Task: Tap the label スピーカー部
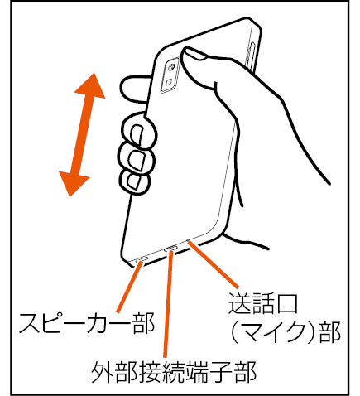click(87, 323)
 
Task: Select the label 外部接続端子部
click(174, 372)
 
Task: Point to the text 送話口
click(263, 304)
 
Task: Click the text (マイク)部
click(286, 333)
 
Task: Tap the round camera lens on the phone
click(172, 67)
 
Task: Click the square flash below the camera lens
click(169, 82)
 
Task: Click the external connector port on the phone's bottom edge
click(170, 249)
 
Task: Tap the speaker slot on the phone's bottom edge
click(142, 258)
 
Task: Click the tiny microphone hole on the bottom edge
click(189, 240)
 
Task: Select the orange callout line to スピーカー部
click(130, 287)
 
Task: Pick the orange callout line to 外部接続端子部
click(168, 304)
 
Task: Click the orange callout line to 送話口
click(214, 264)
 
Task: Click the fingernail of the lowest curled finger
click(134, 182)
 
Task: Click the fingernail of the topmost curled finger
click(137, 134)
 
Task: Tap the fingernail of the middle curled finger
click(137, 160)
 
